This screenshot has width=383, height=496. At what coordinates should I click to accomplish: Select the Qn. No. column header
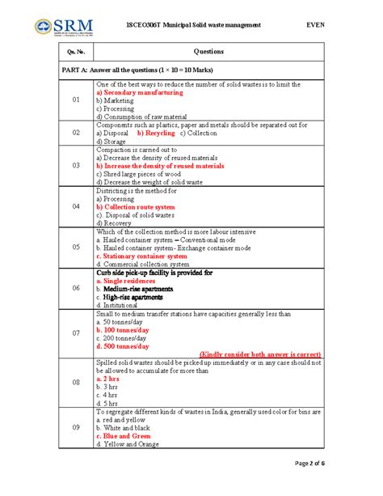tap(75, 51)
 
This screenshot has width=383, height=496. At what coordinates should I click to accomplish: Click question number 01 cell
tap(75, 100)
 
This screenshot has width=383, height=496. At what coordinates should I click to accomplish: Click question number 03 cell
tap(75, 165)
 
